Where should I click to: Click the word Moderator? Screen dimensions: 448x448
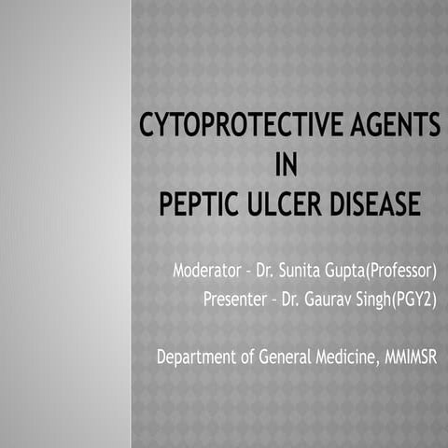click(207, 273)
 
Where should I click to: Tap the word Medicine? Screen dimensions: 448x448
click(343, 357)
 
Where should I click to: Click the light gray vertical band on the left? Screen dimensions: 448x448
click(65, 224)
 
